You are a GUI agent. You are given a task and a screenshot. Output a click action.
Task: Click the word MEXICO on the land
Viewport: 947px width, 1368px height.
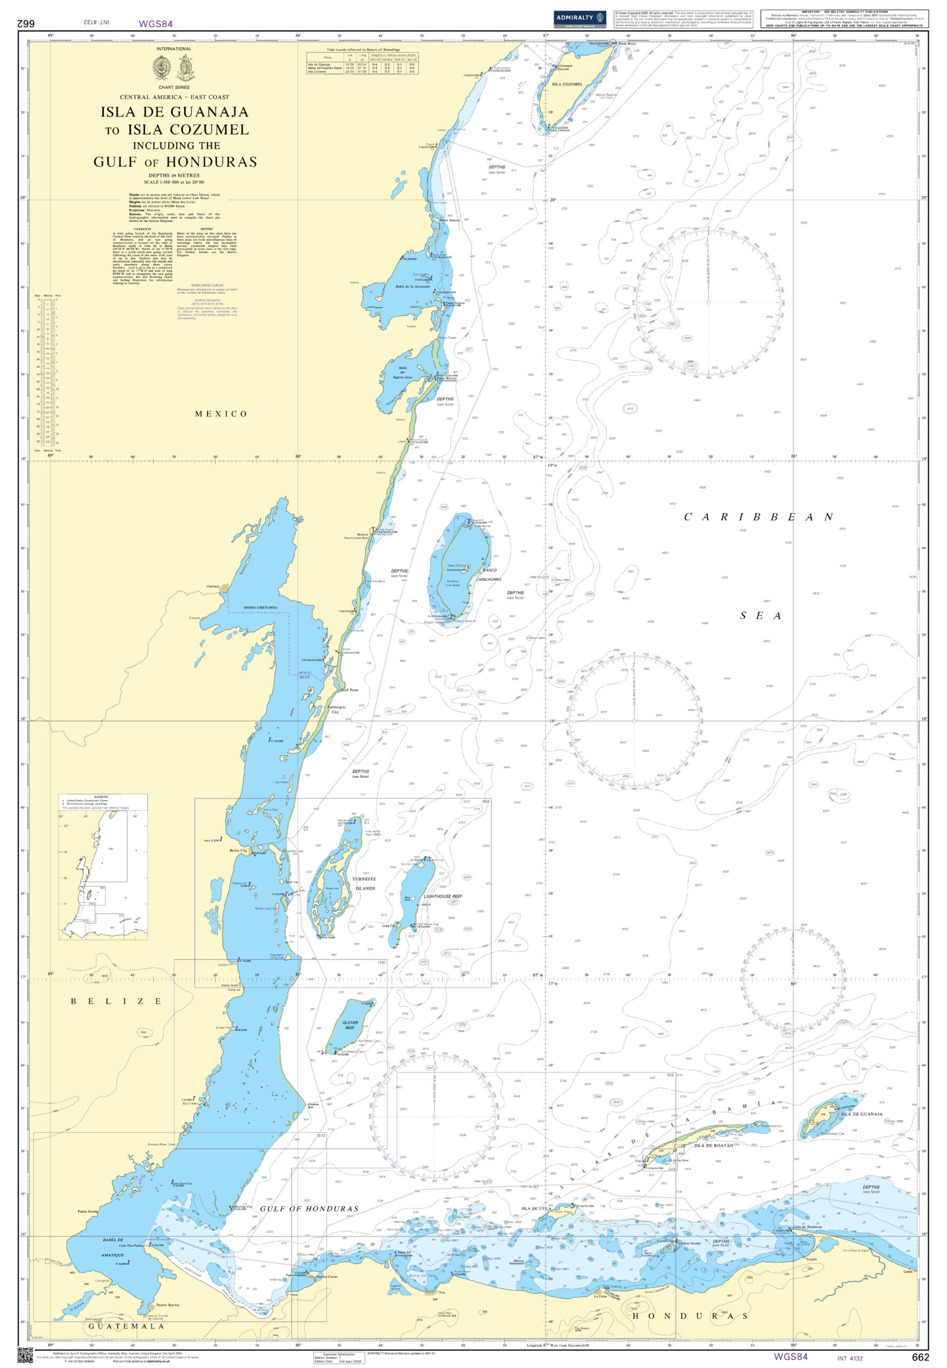221,414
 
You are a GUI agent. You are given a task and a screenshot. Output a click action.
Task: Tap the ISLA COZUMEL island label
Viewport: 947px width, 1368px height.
567,84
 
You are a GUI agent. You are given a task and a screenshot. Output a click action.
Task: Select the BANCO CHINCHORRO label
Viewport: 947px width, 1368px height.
488,574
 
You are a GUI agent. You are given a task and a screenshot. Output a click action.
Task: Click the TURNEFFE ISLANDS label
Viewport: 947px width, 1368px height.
364,884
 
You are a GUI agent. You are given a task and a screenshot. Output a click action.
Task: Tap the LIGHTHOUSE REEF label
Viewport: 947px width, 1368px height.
443,896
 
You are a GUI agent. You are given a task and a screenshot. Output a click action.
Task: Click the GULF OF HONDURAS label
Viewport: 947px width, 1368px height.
309,1208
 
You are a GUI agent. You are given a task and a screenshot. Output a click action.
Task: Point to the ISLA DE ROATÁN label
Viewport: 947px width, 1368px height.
713,1146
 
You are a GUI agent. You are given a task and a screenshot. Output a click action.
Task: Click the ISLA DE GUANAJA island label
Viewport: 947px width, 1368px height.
862,1114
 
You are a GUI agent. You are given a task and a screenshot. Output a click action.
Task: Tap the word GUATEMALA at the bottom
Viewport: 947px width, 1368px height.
127,1325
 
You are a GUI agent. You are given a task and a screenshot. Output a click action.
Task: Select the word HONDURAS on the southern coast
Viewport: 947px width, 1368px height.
690,1316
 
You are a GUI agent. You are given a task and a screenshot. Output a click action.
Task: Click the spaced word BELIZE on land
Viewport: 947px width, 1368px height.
116,1001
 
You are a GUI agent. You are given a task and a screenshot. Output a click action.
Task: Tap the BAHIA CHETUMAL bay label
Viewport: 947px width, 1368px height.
261,608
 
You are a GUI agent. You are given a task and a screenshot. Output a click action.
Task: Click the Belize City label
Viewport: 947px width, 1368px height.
238,851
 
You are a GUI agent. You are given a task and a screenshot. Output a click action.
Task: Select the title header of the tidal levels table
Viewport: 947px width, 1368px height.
363,50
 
